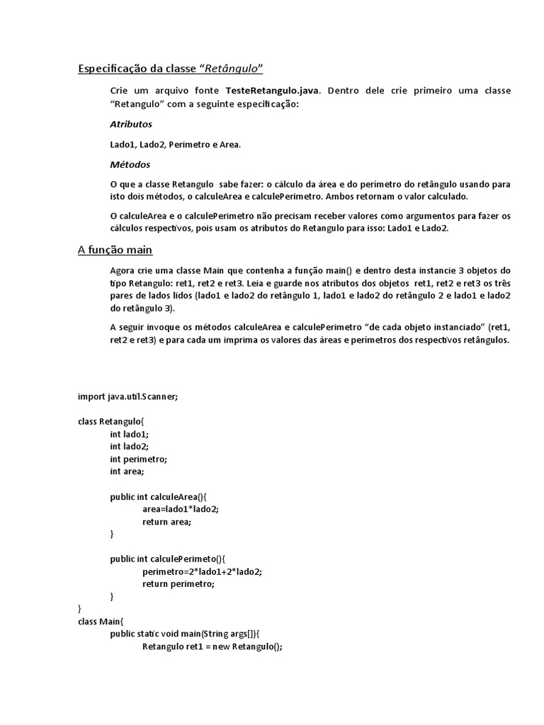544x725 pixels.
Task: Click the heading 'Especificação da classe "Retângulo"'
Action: [x=170, y=68]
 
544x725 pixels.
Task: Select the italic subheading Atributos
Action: [x=131, y=124]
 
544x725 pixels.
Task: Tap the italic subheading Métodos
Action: [x=130, y=164]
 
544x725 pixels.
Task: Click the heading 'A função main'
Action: [x=115, y=250]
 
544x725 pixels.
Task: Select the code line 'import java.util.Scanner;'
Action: [x=127, y=396]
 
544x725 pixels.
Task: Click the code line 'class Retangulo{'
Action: [x=110, y=421]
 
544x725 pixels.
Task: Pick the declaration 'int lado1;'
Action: [x=130, y=434]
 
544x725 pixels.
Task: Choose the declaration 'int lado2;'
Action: [x=130, y=446]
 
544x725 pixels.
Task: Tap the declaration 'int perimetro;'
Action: [x=138, y=459]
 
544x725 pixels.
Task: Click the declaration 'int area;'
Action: [x=127, y=471]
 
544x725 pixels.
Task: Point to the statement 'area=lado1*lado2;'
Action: [x=181, y=509]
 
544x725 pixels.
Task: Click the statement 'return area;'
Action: [x=167, y=522]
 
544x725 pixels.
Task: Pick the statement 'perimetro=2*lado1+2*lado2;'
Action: [x=207, y=571]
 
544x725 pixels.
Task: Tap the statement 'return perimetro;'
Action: [x=178, y=584]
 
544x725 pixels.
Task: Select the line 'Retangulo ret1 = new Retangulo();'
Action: [x=212, y=646]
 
